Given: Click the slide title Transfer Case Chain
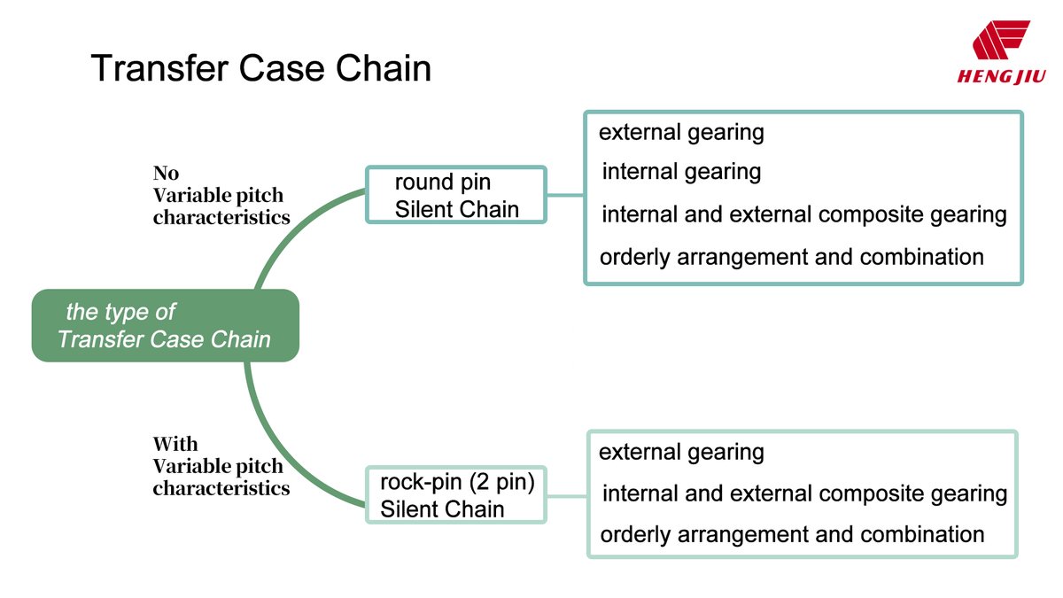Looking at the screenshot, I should pos(260,68).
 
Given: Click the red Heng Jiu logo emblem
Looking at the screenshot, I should pos(1000,41).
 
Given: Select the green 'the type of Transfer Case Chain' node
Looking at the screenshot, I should pos(165,325).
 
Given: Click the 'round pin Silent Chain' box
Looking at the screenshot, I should pos(456,195).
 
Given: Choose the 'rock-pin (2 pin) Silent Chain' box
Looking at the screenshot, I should pos(456,495).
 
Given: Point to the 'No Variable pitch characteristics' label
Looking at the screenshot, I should pos(221,195).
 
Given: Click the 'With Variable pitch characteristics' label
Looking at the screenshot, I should pos(221,466).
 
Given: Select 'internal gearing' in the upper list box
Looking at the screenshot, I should pos(681,172).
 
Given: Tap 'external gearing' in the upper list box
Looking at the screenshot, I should pos(681,133).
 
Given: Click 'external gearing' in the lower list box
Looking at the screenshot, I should pos(681,453).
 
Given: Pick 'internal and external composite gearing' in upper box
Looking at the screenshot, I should pos(803,214).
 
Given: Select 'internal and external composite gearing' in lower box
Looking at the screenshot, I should pos(803,493).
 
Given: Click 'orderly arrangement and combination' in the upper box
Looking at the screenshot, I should pos(791,257).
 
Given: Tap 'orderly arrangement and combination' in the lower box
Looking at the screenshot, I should pos(791,535).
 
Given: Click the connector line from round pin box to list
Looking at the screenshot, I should pos(565,195).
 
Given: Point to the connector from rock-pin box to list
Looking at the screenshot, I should pos(567,495).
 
